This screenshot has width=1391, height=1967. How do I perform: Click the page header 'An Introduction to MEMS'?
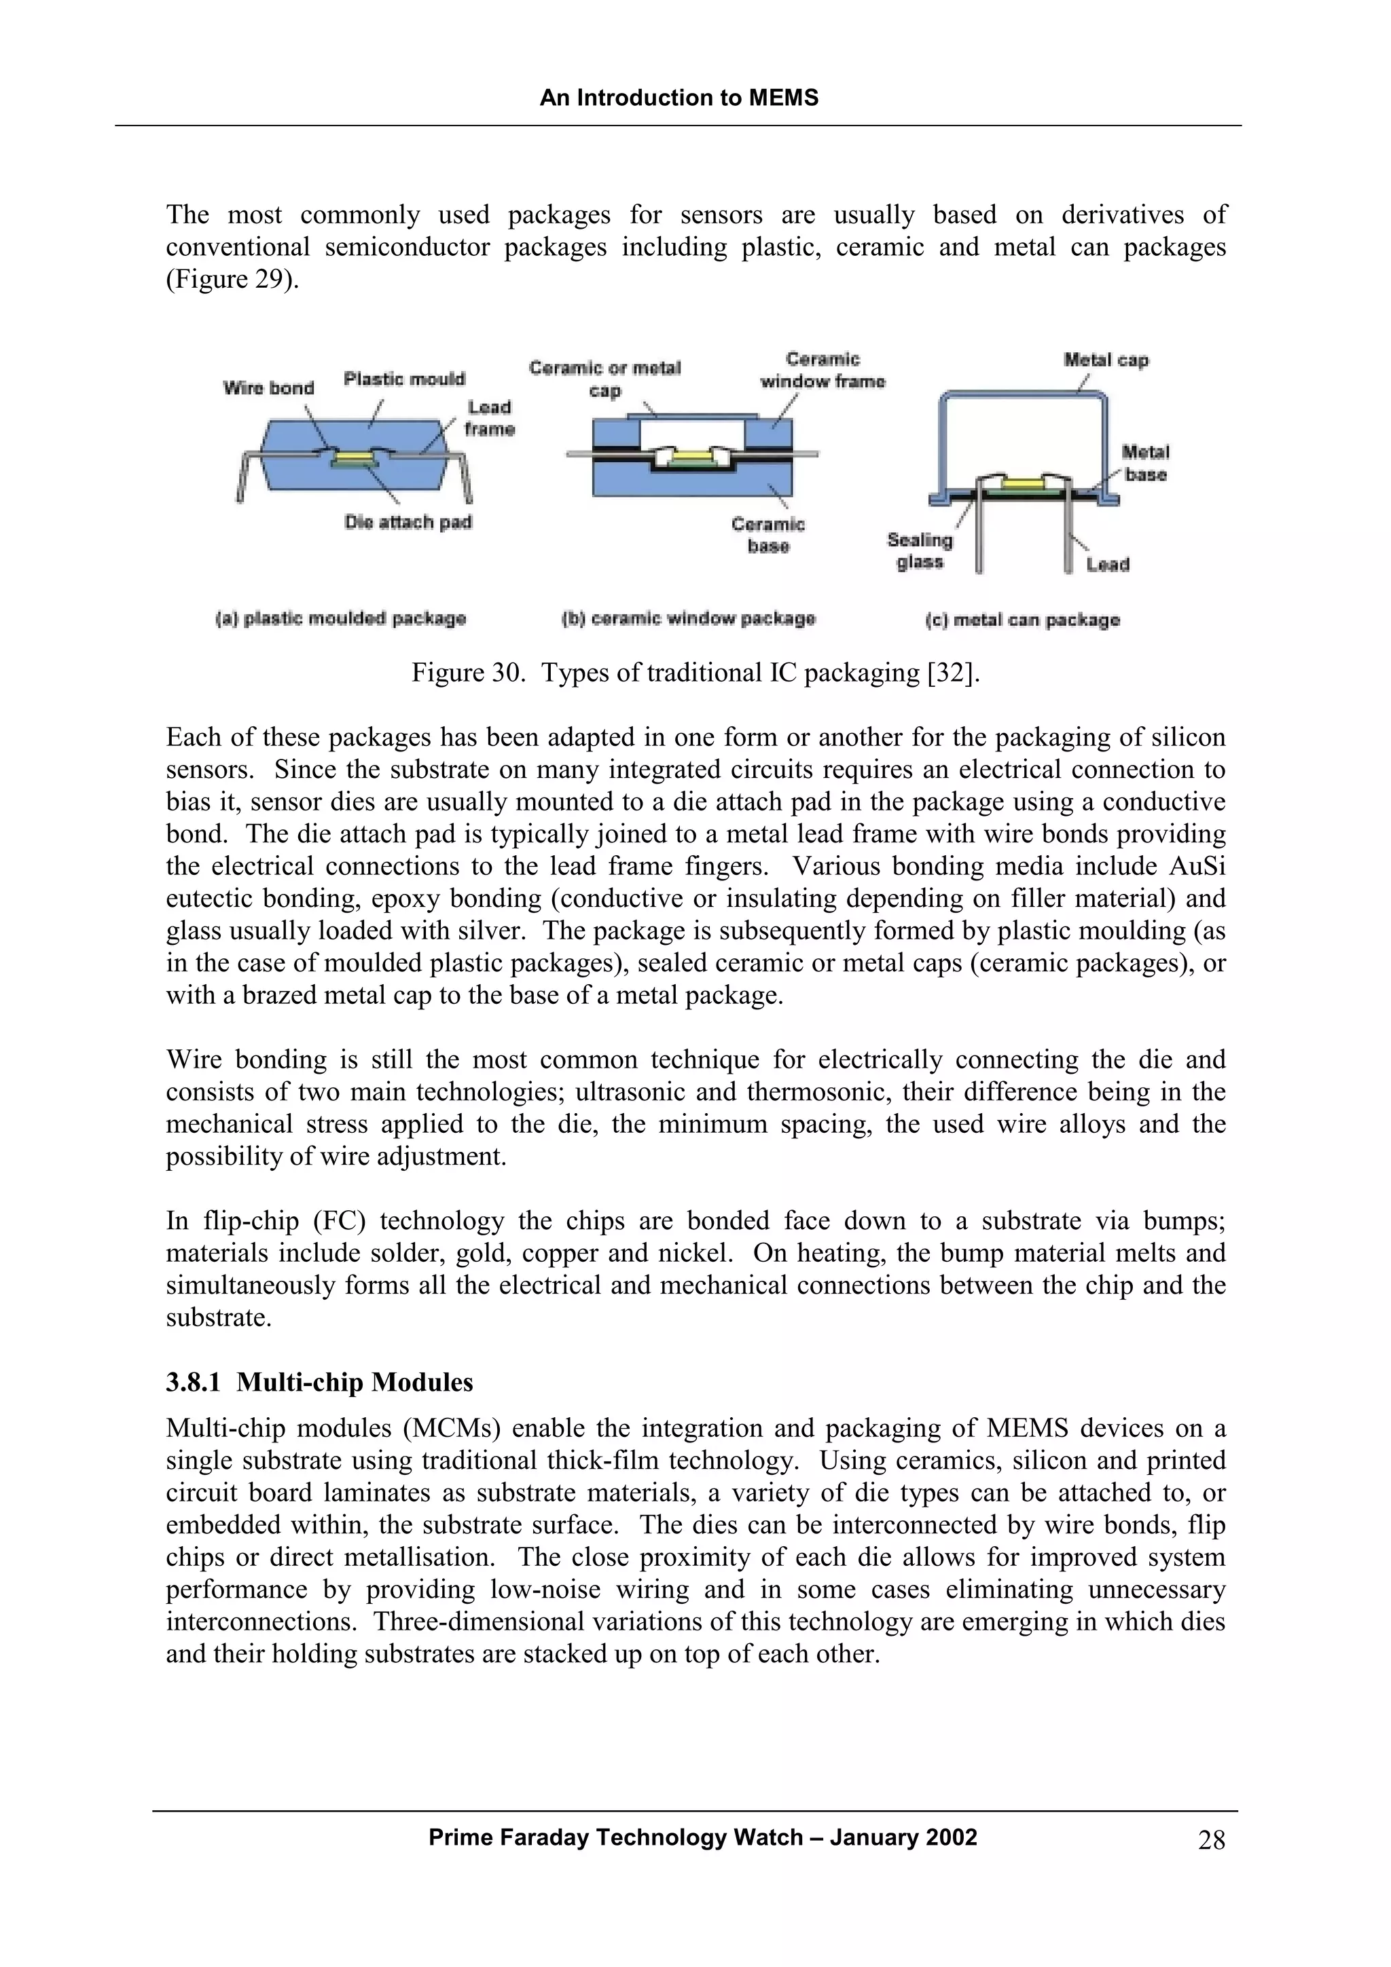coord(679,98)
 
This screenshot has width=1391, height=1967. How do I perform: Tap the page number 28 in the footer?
coord(1210,1839)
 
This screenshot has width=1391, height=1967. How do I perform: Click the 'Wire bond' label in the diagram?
coord(268,388)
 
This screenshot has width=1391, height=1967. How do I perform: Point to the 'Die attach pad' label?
coord(408,522)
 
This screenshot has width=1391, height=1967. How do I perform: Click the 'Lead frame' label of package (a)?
coord(490,418)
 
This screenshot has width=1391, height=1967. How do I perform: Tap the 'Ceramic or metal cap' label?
coord(604,379)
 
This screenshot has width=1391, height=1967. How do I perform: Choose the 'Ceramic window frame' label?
coord(822,370)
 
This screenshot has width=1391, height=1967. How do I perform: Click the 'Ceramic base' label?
coord(768,535)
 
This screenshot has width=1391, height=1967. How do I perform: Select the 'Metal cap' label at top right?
coord(1106,360)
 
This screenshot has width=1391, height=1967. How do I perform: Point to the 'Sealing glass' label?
coord(920,551)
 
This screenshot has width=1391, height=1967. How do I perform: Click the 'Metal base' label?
coord(1145,463)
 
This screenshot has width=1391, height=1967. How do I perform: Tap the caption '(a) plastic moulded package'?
coord(340,618)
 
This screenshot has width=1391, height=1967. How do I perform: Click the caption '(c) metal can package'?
coord(1022,620)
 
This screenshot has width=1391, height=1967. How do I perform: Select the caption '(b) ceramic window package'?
coord(688,618)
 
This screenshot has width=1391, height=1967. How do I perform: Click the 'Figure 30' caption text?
coord(694,673)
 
